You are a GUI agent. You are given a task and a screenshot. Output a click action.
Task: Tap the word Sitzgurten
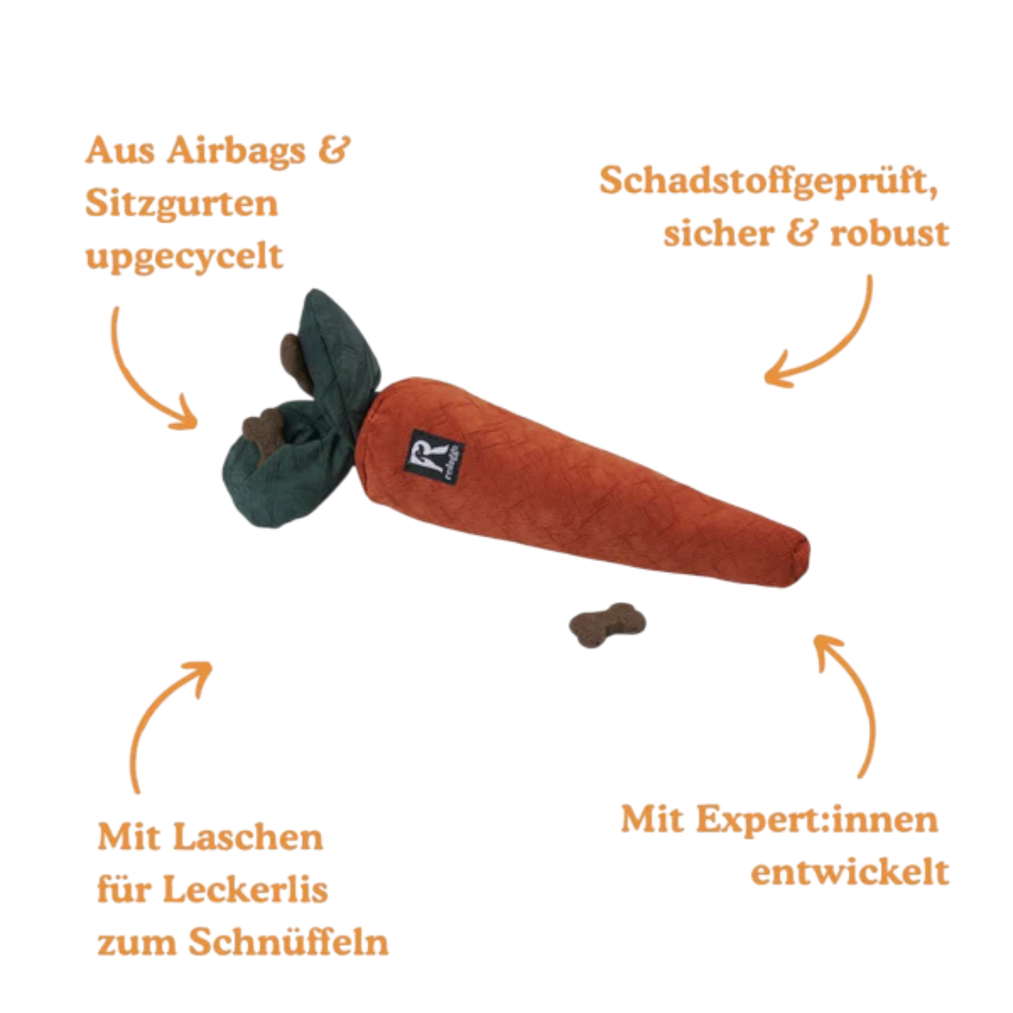[182, 204]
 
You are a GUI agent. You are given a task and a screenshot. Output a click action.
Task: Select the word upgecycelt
[185, 257]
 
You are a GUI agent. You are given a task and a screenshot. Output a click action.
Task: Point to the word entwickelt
[850, 873]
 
